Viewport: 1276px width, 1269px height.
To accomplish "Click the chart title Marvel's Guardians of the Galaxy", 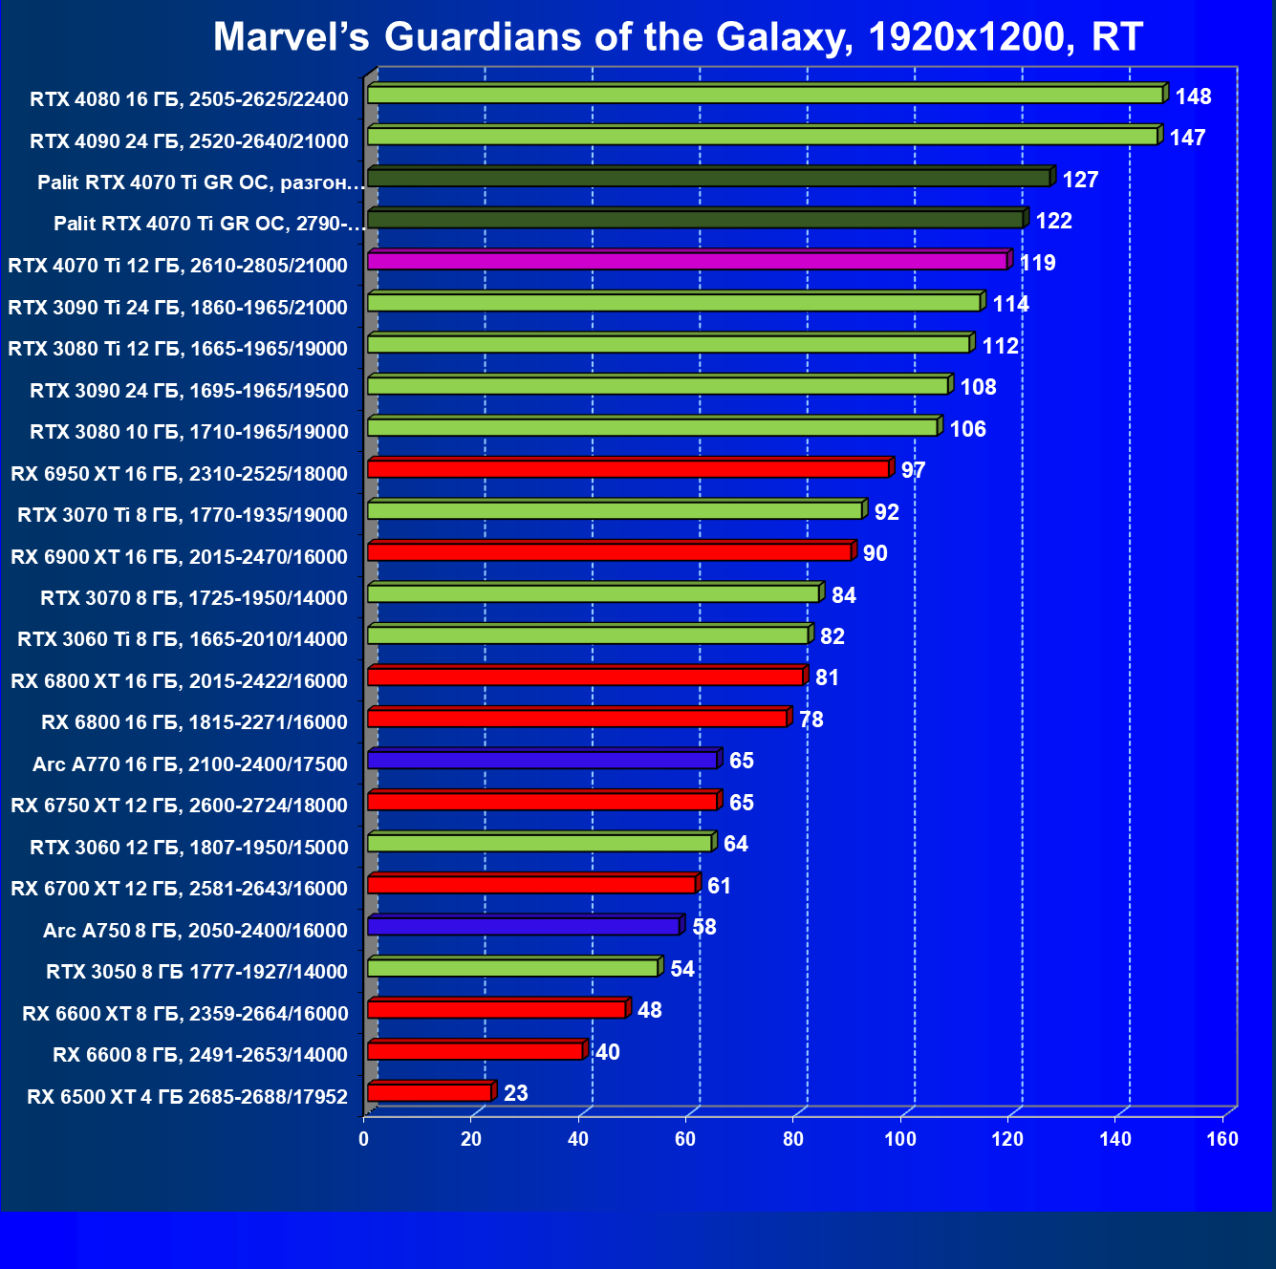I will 678,36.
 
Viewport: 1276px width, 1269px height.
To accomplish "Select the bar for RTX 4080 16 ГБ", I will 765,95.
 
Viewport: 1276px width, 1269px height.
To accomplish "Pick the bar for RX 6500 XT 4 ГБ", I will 429,1092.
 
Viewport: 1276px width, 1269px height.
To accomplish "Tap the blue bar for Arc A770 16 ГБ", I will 542,760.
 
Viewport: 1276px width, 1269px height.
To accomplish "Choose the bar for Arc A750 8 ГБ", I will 523,926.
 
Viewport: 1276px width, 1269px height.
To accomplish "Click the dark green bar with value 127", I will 708,178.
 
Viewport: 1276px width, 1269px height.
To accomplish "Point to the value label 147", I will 1187,138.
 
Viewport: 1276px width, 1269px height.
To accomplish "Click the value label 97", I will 913,470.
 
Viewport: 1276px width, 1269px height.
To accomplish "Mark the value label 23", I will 515,1093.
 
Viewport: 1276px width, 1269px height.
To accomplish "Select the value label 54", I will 682,969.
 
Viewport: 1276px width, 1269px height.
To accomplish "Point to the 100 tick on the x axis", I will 900,1139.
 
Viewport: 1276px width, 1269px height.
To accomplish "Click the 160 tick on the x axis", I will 1222,1139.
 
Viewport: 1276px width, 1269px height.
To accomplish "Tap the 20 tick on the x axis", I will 471,1139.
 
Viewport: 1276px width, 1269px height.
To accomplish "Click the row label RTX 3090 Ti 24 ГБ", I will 178,307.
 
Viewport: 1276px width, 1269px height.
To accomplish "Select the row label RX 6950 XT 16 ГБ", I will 179,473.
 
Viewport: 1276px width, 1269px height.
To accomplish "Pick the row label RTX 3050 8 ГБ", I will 197,972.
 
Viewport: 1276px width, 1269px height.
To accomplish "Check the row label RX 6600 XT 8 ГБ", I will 185,1013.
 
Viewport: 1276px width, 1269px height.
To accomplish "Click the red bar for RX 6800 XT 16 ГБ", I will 585,677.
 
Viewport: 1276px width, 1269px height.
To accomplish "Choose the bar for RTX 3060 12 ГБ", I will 539,843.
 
